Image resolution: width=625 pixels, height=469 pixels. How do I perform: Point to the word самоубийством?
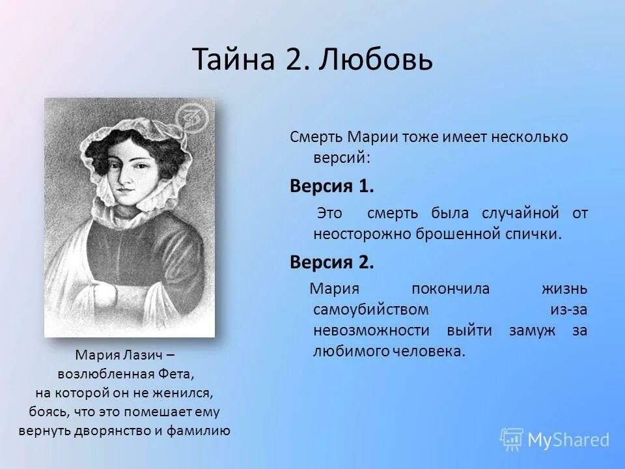click(x=371, y=309)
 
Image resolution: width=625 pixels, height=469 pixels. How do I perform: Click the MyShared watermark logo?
click(x=555, y=440)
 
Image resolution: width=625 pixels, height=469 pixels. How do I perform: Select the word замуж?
click(x=533, y=330)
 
